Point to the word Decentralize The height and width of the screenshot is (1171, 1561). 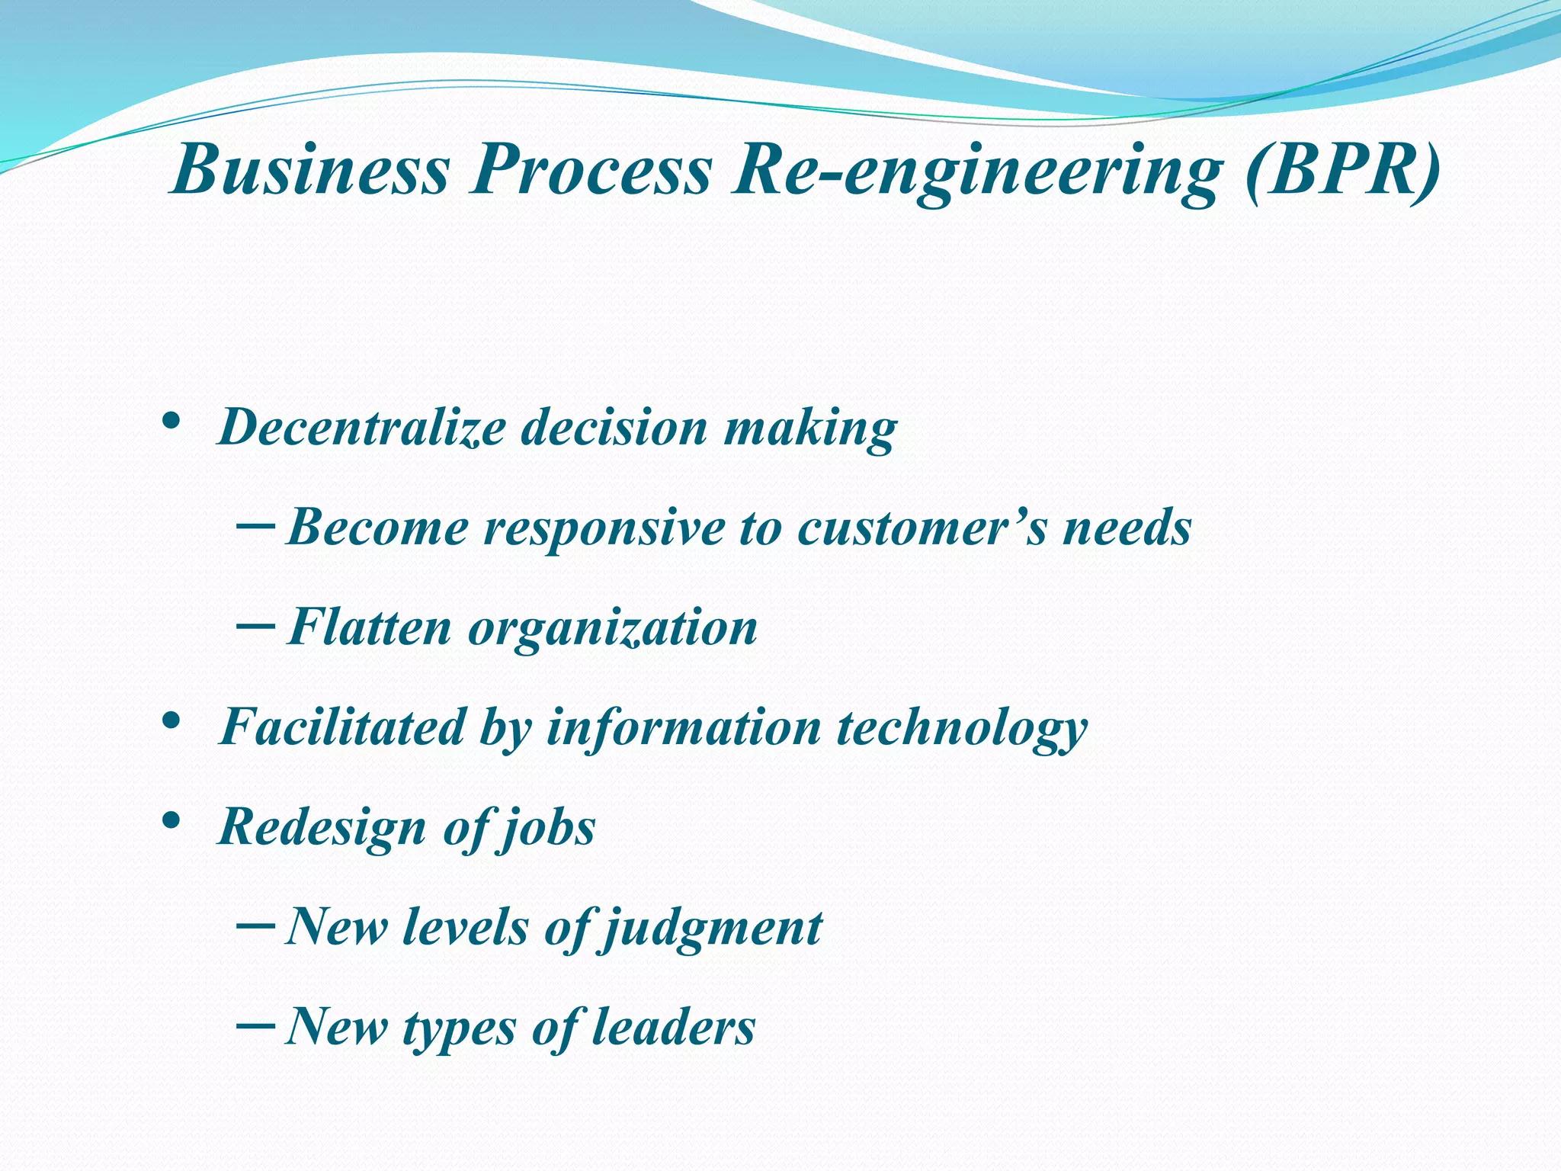pyautogui.click(x=362, y=426)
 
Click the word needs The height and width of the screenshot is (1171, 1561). pyautogui.click(x=1127, y=527)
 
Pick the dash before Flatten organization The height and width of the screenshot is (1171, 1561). pyautogui.click(x=256, y=625)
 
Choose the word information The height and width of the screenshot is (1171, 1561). pyautogui.click(x=684, y=727)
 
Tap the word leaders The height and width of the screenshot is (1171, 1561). pyautogui.click(x=673, y=1026)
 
